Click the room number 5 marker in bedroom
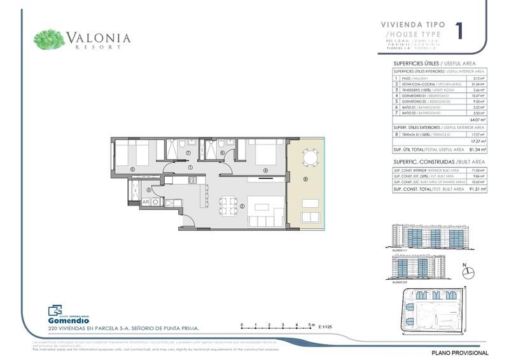click(x=132, y=169)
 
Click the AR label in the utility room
click(x=146, y=202)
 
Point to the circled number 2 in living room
click(x=242, y=206)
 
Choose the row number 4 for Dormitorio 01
click(x=396, y=96)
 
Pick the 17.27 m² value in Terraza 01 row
click(x=478, y=134)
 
